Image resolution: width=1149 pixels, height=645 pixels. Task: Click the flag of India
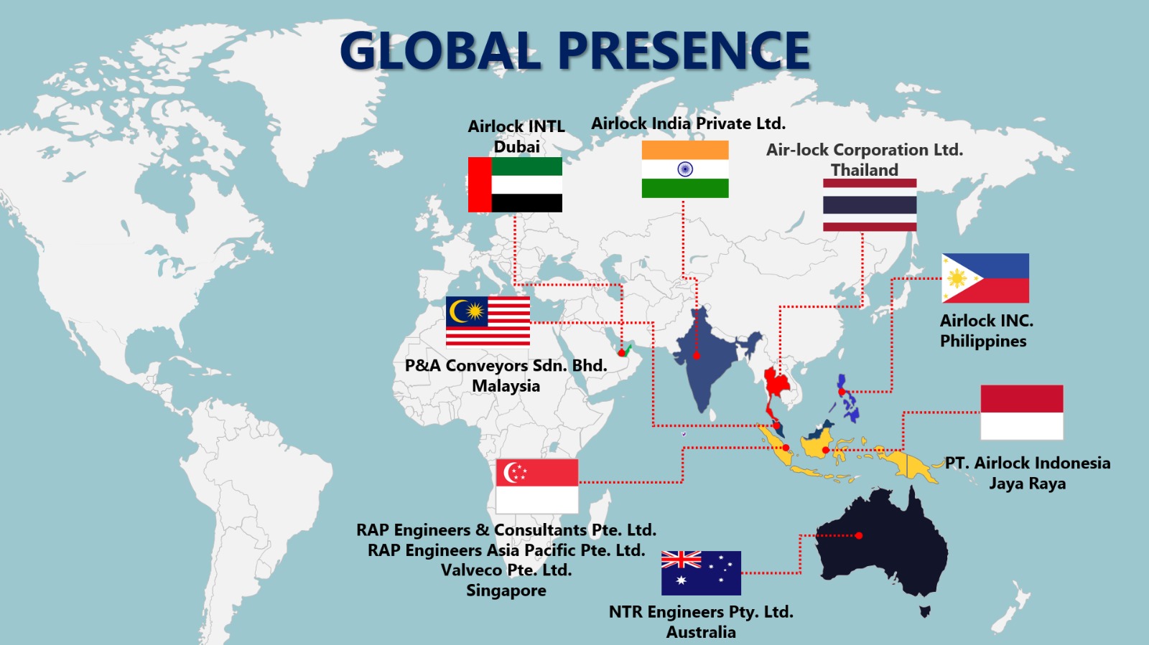(x=685, y=169)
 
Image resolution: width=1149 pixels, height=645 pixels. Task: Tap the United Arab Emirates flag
(x=515, y=185)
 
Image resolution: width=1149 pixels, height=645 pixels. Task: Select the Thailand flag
(x=870, y=205)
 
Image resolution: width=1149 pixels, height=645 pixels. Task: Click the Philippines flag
(x=985, y=278)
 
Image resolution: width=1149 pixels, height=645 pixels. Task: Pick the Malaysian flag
(x=488, y=321)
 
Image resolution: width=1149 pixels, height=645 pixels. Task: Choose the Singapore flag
(x=536, y=486)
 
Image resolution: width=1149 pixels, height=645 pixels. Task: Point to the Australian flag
(x=701, y=573)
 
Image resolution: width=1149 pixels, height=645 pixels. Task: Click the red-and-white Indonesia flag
(x=1021, y=412)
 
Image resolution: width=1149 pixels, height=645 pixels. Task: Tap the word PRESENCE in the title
(x=684, y=51)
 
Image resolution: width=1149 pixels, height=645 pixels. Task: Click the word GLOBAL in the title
(x=439, y=51)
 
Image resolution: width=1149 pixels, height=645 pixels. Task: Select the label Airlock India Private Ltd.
(x=688, y=123)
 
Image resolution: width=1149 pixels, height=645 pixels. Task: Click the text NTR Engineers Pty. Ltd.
(x=701, y=612)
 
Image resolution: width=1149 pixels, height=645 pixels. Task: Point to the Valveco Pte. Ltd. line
(x=506, y=570)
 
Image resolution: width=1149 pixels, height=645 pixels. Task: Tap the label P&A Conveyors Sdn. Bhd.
(x=506, y=366)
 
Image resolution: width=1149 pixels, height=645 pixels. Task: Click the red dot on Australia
(x=859, y=535)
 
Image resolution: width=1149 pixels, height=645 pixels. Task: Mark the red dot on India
(x=696, y=356)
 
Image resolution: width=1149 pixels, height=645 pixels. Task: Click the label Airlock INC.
(x=986, y=321)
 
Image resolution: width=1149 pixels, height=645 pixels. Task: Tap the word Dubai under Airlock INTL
(x=516, y=147)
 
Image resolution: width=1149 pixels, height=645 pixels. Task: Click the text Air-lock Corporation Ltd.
(x=864, y=150)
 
